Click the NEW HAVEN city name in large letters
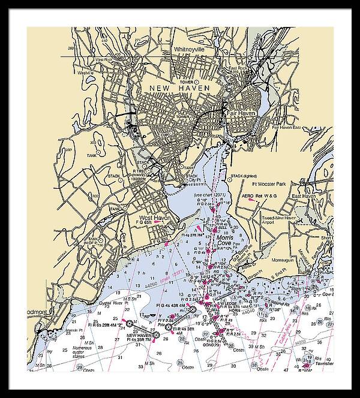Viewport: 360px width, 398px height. tap(179, 88)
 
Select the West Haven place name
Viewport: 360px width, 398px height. tap(155, 218)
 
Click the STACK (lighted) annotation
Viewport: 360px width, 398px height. tap(245, 176)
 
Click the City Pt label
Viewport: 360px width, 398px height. tap(193, 179)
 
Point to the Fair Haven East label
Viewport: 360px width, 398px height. tap(292, 127)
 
